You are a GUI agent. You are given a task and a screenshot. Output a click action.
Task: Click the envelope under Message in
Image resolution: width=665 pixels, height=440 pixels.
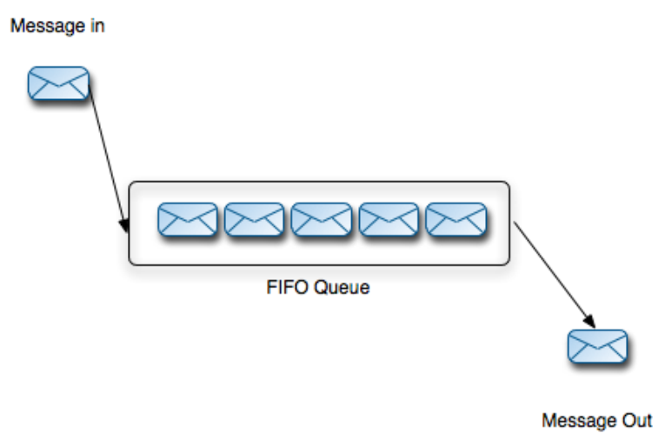(58, 83)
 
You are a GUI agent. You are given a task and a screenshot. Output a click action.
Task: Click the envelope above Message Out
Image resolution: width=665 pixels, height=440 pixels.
(597, 346)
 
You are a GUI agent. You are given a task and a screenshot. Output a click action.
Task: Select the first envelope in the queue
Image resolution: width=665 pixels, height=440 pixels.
(188, 219)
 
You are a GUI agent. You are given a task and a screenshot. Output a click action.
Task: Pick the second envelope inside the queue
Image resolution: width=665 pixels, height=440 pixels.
(255, 219)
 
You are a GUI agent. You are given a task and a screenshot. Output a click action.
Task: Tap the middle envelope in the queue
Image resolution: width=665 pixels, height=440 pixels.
(322, 219)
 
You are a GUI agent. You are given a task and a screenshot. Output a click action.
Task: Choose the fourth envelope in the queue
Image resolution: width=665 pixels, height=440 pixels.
(389, 219)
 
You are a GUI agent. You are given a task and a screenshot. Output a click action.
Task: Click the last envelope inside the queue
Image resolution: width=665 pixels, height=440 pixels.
(456, 219)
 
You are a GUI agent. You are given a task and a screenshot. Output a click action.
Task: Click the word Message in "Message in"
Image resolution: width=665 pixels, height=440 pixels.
(48, 26)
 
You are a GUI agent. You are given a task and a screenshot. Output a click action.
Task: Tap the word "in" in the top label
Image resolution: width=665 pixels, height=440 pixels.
(97, 26)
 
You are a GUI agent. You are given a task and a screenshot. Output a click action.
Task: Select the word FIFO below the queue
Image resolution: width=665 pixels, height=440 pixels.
(287, 287)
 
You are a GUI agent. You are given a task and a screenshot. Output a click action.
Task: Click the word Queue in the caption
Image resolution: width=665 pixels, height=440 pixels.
(342, 288)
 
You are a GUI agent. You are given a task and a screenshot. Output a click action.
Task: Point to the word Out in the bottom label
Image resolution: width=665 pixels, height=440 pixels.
(637, 421)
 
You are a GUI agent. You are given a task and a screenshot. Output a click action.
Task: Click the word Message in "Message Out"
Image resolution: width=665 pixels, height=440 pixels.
(579, 421)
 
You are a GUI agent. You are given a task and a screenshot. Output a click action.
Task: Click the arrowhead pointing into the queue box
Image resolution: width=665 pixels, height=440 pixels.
(124, 225)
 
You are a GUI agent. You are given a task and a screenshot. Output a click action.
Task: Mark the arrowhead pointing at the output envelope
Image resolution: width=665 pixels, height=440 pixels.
(589, 320)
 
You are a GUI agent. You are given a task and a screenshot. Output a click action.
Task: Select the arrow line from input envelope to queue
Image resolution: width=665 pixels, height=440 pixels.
(108, 158)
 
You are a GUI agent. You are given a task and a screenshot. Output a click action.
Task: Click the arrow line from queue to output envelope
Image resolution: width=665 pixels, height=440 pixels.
(555, 275)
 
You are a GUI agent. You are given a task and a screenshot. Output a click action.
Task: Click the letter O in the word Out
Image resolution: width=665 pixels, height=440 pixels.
(628, 421)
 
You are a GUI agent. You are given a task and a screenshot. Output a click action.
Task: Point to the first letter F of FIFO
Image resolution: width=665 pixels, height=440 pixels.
(271, 287)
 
